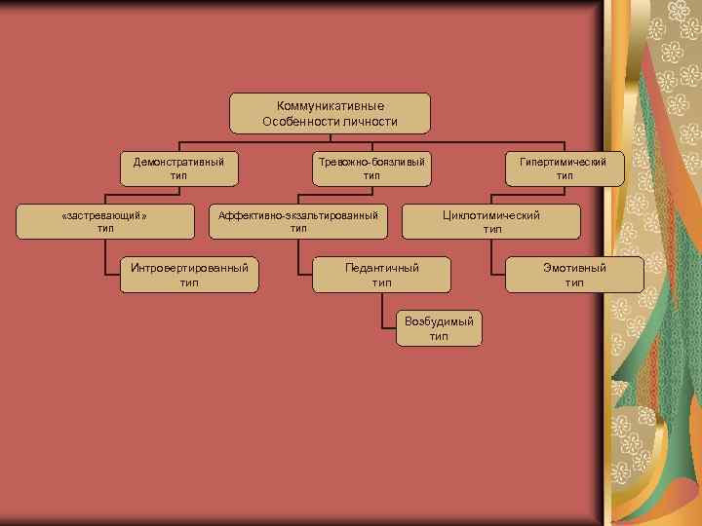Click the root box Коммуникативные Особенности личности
[330, 113]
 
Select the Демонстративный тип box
[178, 168]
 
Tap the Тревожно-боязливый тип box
[371, 168]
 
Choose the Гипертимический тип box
[565, 168]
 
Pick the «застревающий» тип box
[104, 221]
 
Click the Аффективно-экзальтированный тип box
[298, 221]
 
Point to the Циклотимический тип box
[491, 221]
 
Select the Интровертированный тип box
[189, 275]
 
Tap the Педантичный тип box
[381, 275]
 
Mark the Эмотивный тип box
[574, 275]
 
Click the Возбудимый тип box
[439, 328]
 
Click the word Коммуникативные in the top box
[331, 105]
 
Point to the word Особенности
[298, 122]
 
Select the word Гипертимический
[565, 161]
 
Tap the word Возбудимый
[439, 321]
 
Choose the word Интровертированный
[189, 267]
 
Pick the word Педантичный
[381, 267]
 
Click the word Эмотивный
[574, 267]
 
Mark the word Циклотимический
[491, 214]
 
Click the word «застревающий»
[104, 214]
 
